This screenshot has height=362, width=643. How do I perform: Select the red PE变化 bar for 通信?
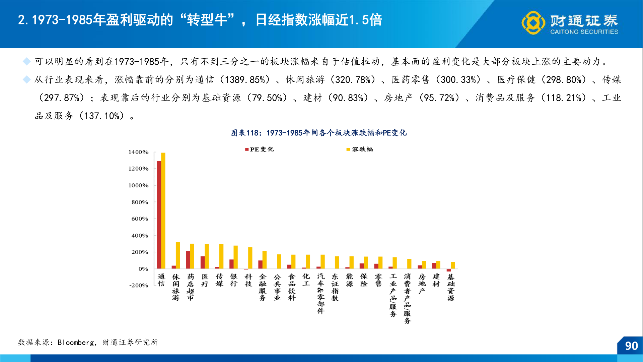pyautogui.click(x=159, y=215)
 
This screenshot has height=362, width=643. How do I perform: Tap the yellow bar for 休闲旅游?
pyautogui.click(x=178, y=255)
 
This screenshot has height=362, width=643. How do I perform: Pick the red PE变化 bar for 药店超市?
pyautogui.click(x=188, y=260)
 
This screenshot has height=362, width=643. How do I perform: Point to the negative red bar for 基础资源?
pyautogui.click(x=449, y=270)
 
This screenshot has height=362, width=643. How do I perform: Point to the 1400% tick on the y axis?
pyautogui.click(x=138, y=152)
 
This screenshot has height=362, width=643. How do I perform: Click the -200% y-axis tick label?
pyautogui.click(x=139, y=286)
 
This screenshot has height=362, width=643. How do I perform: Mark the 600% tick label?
pyautogui.click(x=140, y=219)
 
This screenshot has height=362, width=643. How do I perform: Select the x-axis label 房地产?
pyautogui.click(x=422, y=284)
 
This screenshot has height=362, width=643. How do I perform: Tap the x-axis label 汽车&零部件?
pyautogui.click(x=321, y=293)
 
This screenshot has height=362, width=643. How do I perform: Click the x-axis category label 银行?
pyautogui.click(x=234, y=280)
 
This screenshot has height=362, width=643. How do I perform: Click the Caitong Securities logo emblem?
pyautogui.click(x=533, y=23)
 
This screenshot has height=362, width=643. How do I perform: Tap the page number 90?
pyautogui.click(x=631, y=346)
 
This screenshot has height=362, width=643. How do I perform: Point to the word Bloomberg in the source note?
pyautogui.click(x=76, y=343)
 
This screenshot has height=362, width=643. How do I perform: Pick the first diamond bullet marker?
pyautogui.click(x=26, y=61)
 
